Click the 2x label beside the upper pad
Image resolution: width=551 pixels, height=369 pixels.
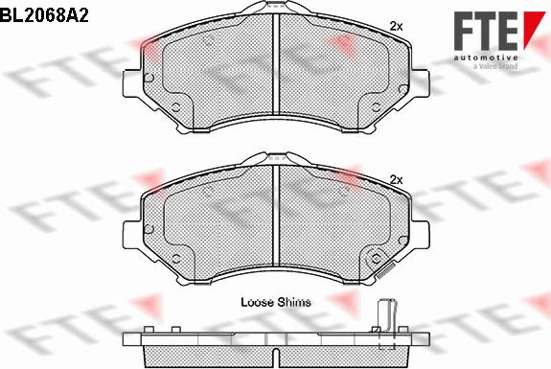click(396, 26)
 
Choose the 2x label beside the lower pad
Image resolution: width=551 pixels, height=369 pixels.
click(396, 179)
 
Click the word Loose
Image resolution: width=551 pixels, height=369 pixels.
click(258, 301)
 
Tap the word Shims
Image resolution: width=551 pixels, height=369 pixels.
click(293, 301)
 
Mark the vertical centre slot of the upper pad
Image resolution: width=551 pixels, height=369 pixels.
click(275, 71)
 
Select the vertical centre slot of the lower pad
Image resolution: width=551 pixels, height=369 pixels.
click(275, 219)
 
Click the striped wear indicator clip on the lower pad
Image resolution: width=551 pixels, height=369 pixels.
click(387, 270)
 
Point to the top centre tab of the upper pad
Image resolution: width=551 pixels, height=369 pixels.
click(275, 9)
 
